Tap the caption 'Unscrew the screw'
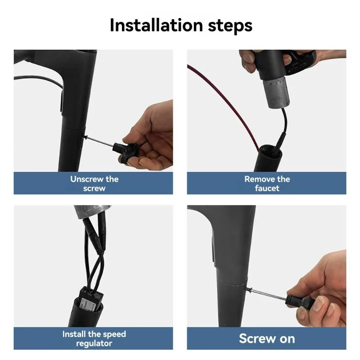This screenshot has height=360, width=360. click(94, 183)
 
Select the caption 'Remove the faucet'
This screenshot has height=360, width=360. click(267, 183)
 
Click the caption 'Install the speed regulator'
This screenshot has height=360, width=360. click(94, 338)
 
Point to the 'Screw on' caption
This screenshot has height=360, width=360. click(267, 338)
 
